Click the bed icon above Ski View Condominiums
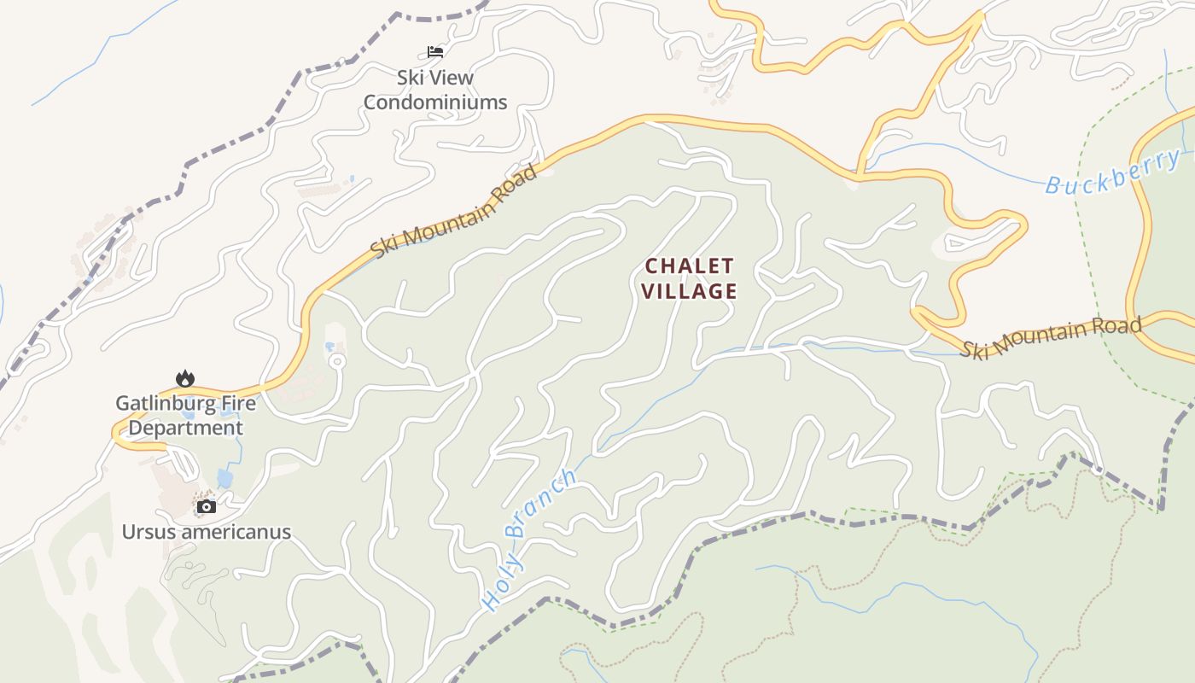pyautogui.click(x=435, y=51)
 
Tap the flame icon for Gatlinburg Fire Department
pyautogui.click(x=184, y=378)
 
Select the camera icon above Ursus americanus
pyautogui.click(x=206, y=506)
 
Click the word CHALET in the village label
pyautogui.click(x=689, y=266)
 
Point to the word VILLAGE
pyautogui.click(x=689, y=291)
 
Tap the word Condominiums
pyautogui.click(x=435, y=102)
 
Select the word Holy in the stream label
pyautogui.click(x=500, y=582)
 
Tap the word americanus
pyautogui.click(x=236, y=532)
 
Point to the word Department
pyautogui.click(x=185, y=428)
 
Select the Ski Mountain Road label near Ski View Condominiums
pyautogui.click(x=455, y=210)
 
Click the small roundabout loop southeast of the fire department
pyautogui.click(x=336, y=362)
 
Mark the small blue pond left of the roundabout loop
pyautogui.click(x=329, y=347)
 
